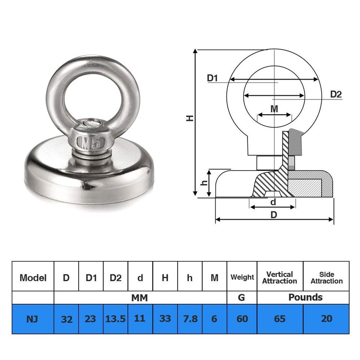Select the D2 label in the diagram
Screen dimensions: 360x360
pyautogui.click(x=336, y=94)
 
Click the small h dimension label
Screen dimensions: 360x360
pyautogui.click(x=204, y=183)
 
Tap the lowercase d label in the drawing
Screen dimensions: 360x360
pyautogui.click(x=273, y=202)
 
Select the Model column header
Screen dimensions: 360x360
pyautogui.click(x=33, y=278)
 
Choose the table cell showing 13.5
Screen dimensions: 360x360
pyautogui.click(x=116, y=319)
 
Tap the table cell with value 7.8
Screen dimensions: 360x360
pyautogui.click(x=190, y=319)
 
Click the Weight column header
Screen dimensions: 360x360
pyautogui.click(x=242, y=277)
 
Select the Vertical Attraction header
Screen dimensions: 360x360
pyautogui.click(x=279, y=277)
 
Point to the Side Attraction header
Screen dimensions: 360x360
pyautogui.click(x=326, y=277)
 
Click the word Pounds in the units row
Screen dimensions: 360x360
pyautogui.click(x=305, y=297)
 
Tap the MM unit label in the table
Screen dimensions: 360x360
pyautogui.click(x=139, y=297)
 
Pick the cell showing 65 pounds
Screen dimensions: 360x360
pyautogui.click(x=280, y=319)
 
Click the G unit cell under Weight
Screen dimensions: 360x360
pyautogui.click(x=242, y=297)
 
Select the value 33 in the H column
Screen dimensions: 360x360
pyautogui.click(x=165, y=319)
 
